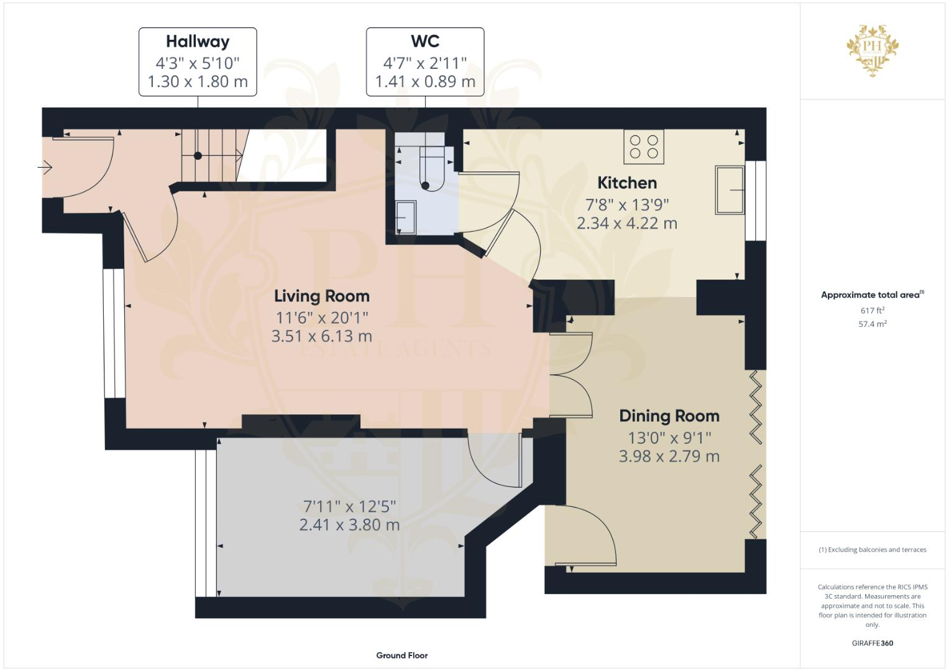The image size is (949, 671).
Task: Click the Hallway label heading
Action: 198,42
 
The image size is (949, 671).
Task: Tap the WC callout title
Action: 425,42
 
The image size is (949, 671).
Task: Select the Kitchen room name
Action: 626,183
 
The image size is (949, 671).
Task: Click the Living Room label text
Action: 321,296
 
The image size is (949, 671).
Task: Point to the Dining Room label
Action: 669,416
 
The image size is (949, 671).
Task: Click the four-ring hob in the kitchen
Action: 644,147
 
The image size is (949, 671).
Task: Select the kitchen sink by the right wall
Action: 730,189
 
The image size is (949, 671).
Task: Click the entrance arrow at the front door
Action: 45,167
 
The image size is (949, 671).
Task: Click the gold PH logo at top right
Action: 873,50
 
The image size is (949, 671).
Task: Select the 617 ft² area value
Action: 873,311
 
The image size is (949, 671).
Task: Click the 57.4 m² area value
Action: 873,324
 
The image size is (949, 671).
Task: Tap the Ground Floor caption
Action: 401,655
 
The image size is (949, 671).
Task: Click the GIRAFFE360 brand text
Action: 873,643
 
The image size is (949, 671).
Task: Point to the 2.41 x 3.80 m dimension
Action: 349,525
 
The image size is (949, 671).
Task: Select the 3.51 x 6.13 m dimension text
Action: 321,336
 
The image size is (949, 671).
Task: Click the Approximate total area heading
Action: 872,295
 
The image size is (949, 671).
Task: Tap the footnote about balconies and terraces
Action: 873,550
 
